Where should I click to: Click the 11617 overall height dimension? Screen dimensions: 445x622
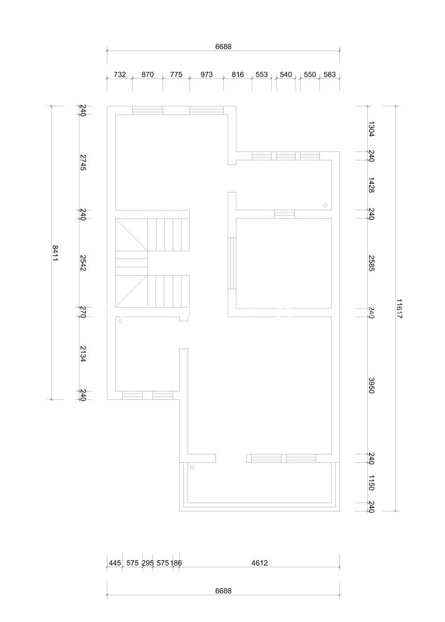[x=399, y=308]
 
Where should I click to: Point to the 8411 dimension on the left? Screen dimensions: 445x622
[x=55, y=252]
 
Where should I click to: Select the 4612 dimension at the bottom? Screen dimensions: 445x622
[x=259, y=563]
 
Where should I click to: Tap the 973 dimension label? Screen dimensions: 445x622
[x=206, y=74]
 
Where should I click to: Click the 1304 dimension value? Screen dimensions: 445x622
[x=371, y=129]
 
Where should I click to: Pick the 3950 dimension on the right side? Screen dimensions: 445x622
[x=371, y=385]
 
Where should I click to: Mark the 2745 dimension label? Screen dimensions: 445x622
[x=83, y=162]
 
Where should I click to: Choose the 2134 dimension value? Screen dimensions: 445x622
[x=83, y=353]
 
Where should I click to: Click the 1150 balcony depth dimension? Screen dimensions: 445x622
[x=371, y=482]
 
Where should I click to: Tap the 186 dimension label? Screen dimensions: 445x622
[x=176, y=563]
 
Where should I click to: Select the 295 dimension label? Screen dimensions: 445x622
[x=147, y=563]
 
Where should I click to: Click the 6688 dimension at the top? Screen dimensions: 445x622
[x=223, y=46]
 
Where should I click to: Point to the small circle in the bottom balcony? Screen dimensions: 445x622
[x=193, y=468]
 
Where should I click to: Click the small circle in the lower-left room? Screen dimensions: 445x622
[x=120, y=321]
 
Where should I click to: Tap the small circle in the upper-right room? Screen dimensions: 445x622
[x=325, y=206]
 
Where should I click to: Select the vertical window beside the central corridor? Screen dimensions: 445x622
[x=232, y=263]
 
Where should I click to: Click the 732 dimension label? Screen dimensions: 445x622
[x=120, y=74]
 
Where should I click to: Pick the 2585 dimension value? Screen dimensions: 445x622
[x=371, y=263]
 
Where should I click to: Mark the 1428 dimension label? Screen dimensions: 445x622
[x=371, y=185]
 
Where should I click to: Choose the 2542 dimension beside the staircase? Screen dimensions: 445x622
[x=83, y=263]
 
